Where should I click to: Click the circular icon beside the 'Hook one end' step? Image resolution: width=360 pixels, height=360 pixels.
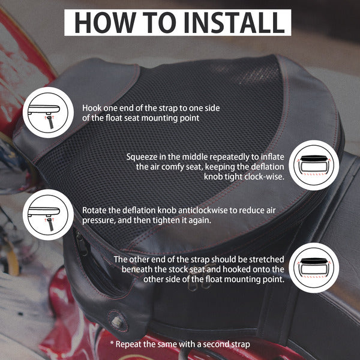(x=48, y=113)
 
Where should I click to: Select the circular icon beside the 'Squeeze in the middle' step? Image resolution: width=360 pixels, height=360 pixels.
(x=314, y=165)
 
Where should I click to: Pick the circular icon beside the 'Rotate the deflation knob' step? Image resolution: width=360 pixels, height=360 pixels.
(x=48, y=215)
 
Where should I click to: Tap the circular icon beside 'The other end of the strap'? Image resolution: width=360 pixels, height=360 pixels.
(x=314, y=268)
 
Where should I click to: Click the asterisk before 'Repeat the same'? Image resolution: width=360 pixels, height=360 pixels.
(x=112, y=343)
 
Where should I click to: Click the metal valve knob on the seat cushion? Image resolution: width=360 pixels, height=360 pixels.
(x=116, y=321)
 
